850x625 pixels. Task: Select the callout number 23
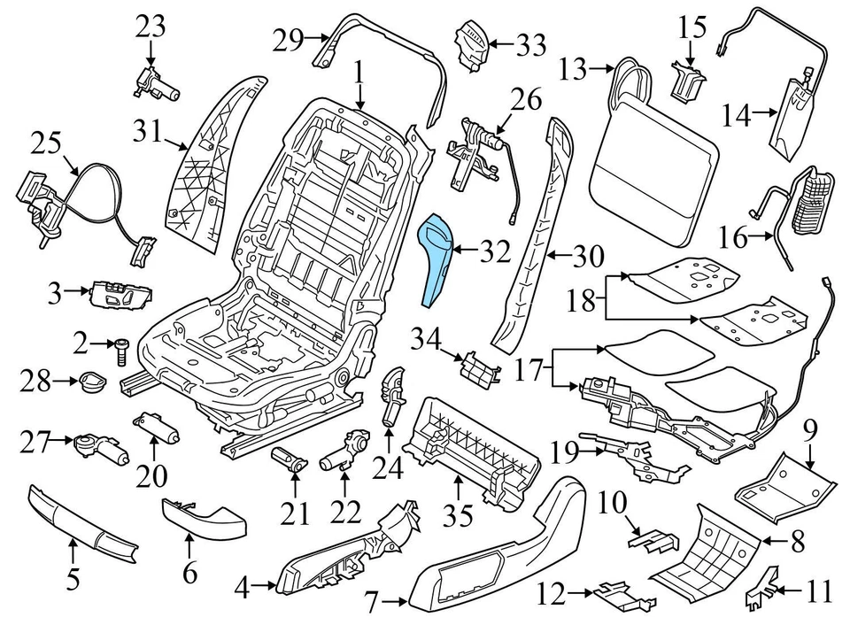(151, 27)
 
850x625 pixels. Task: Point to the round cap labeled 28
(90, 382)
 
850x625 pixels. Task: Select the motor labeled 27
(99, 448)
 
